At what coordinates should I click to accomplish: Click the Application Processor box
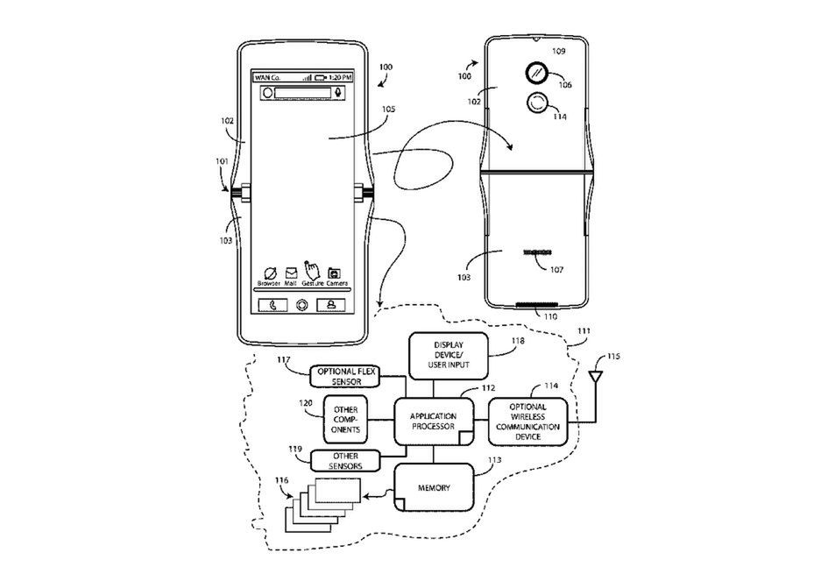pos(434,421)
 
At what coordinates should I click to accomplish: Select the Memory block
pos(434,485)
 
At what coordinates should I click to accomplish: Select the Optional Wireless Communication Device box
pos(527,421)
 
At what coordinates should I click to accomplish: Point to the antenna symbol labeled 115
pos(596,378)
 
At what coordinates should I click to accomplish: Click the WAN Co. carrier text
pos(266,77)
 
